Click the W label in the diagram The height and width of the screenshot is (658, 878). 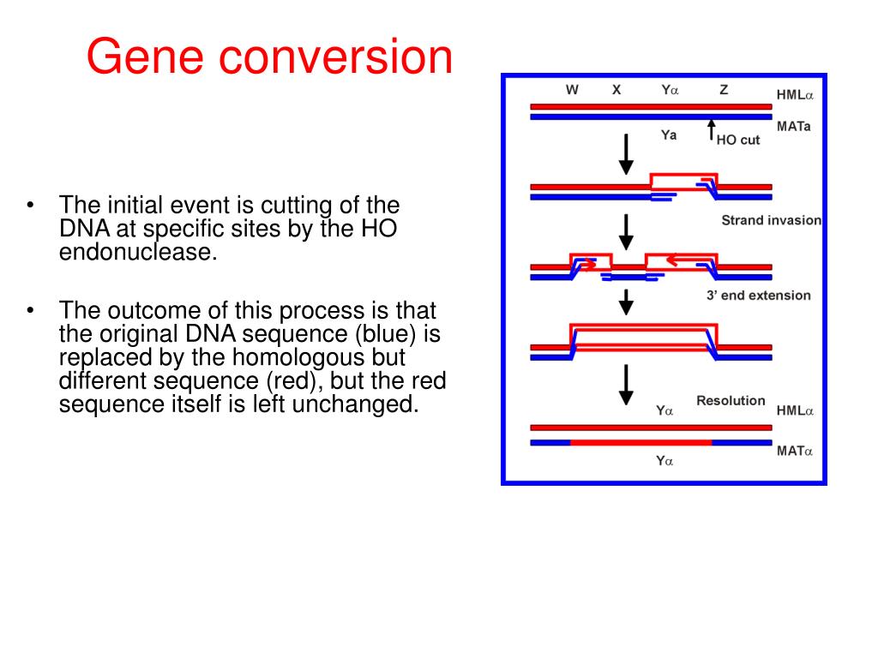coord(572,89)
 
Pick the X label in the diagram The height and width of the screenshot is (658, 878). coord(616,89)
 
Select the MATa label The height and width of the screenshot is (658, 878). coord(793,125)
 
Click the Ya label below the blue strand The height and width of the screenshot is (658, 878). coord(669,135)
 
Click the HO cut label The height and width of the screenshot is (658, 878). coord(738,140)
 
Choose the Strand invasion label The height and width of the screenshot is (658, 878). coord(771,220)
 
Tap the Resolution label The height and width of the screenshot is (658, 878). coord(731,400)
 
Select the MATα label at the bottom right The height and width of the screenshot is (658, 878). coord(795,450)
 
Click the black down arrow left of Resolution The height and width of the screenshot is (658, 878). coord(627,385)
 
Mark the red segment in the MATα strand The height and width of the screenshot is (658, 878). coord(640,442)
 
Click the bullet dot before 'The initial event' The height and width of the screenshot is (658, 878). coord(31,206)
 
